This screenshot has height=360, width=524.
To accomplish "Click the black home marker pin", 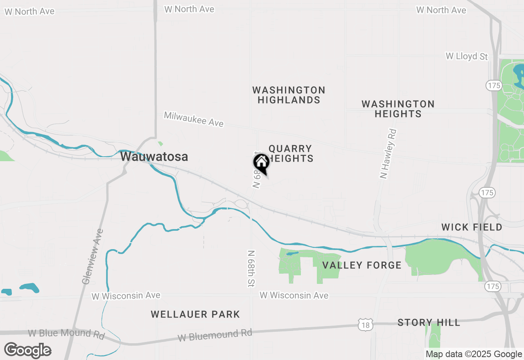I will tap(261, 163).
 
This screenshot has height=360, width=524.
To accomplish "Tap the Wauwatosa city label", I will tap(154, 157).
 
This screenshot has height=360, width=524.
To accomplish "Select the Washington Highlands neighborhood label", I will tap(289, 95).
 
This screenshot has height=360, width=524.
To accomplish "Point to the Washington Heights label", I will tap(398, 109).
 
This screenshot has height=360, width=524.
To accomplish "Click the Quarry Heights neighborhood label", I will tap(291, 153).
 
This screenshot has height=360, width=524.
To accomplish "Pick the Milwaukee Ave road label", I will tap(194, 119).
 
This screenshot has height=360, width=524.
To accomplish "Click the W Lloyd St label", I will tap(467, 56).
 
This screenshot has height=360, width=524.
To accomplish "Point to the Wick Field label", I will tap(472, 227).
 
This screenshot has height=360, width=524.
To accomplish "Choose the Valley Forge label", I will tap(362, 265).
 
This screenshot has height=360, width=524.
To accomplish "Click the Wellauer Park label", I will tap(195, 314).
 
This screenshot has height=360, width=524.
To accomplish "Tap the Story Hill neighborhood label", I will tap(429, 322).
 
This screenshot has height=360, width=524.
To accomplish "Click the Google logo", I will tap(27, 350).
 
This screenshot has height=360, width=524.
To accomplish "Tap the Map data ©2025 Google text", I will tap(474, 354).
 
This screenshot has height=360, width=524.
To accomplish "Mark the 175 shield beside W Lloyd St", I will tap(494, 85).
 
